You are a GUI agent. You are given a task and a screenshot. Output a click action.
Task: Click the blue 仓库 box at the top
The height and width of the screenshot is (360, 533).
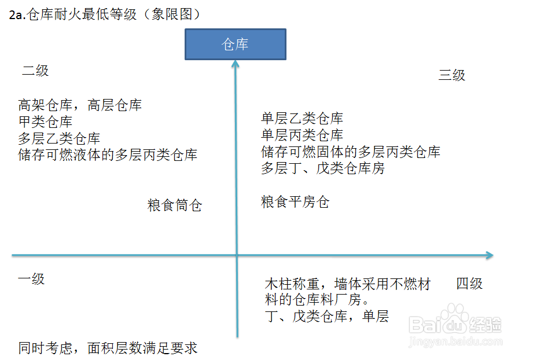235,45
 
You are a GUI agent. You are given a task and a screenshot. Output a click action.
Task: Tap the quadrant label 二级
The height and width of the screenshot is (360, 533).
35,71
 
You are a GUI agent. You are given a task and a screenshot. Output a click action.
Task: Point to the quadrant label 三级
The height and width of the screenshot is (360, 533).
451,75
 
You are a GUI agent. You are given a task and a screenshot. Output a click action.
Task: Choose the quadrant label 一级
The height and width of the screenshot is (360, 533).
31,279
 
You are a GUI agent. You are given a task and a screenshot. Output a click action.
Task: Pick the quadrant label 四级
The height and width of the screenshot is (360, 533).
469,284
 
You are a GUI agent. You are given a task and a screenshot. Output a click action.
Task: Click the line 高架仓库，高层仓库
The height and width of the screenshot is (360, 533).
80,105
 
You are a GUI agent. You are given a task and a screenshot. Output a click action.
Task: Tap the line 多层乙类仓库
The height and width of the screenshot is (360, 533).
59,139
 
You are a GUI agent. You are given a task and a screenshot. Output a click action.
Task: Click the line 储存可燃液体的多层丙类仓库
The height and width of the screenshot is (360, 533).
108,155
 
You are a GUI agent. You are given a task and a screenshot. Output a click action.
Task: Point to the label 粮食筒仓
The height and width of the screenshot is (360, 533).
175,205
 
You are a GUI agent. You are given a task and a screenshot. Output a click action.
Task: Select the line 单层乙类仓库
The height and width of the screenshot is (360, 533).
302,119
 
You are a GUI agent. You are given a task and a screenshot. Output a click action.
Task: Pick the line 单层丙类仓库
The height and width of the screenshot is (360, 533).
302,135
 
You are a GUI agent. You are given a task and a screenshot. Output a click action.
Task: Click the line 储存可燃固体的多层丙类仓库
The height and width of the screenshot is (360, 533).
351,152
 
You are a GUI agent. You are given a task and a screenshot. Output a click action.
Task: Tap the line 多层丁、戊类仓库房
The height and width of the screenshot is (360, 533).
323,169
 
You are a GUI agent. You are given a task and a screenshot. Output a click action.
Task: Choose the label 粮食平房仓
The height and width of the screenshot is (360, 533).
295,202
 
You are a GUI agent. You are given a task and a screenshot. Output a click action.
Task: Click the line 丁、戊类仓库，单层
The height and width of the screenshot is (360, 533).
326,317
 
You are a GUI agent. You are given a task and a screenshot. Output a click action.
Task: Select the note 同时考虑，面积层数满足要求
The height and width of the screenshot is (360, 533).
108,348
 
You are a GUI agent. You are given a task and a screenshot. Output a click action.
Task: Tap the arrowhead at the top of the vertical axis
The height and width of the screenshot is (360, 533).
236,64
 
